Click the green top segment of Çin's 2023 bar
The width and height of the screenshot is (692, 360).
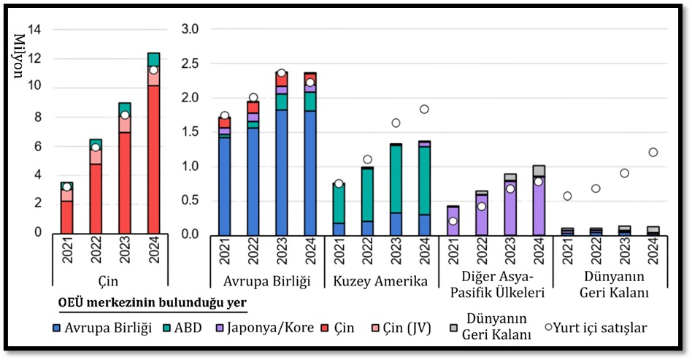pos(125,107)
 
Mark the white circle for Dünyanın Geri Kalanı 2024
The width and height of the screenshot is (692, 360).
pos(653,152)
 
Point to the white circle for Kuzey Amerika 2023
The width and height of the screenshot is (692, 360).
pos(395,123)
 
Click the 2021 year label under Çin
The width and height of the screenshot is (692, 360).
pos(67,252)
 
